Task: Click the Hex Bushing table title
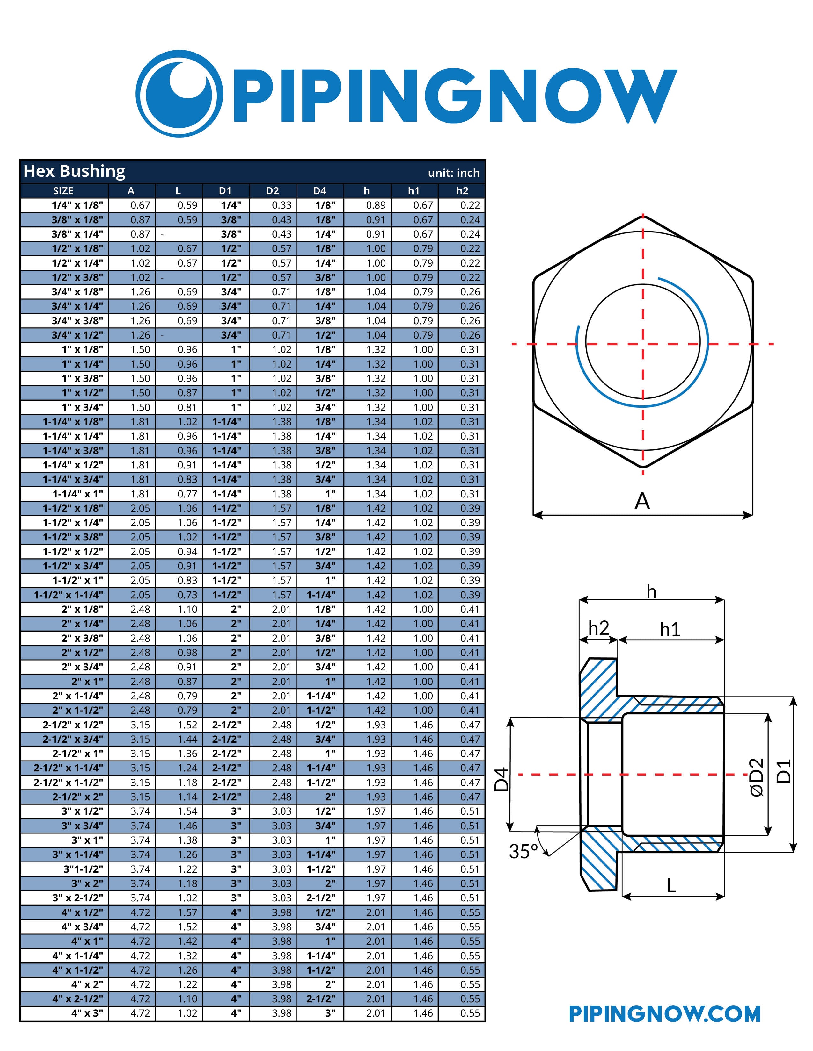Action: coord(74,171)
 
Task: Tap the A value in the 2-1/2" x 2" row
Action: coord(140,797)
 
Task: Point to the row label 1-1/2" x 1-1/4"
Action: coord(69,595)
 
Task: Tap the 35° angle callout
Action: coord(523,852)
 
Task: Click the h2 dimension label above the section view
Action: coord(599,628)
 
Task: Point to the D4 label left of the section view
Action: coord(502,780)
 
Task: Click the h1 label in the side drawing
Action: coord(670,629)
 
